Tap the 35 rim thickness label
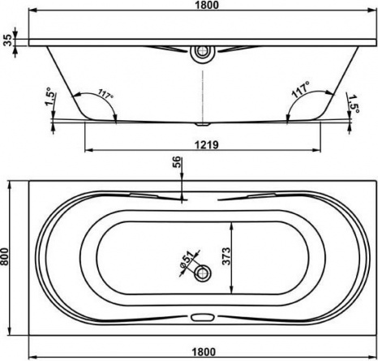tap(8, 40)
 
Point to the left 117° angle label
tap(105, 94)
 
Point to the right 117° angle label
tap(301, 90)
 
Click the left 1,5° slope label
tap(49, 97)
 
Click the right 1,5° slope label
tap(353, 104)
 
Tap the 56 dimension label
tap(176, 162)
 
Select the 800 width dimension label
tap(5, 258)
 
